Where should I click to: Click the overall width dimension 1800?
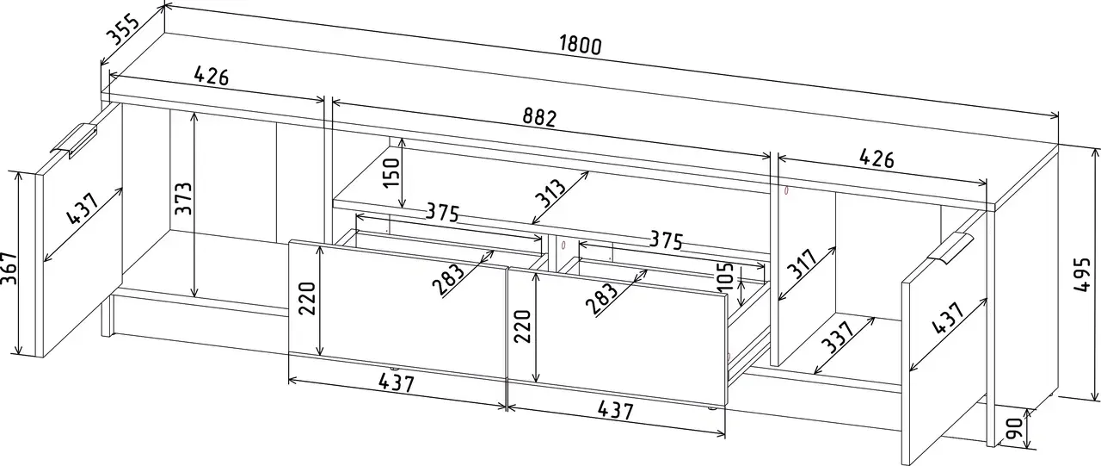click(x=580, y=46)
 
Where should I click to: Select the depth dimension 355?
click(x=124, y=28)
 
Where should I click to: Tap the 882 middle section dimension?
click(x=539, y=118)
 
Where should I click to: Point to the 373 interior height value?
click(x=184, y=198)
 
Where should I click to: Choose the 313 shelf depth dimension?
click(x=551, y=194)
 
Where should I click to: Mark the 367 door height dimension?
click(x=9, y=269)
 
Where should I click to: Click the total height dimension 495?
click(x=1082, y=275)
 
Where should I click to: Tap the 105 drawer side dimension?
click(x=725, y=276)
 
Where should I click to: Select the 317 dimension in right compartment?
click(x=803, y=264)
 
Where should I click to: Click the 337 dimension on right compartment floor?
click(x=840, y=337)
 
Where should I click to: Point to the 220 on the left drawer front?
click(x=307, y=298)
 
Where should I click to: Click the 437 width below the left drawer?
click(x=397, y=382)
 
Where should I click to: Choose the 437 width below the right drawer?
click(x=615, y=409)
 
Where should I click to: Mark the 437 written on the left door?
click(x=83, y=208)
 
